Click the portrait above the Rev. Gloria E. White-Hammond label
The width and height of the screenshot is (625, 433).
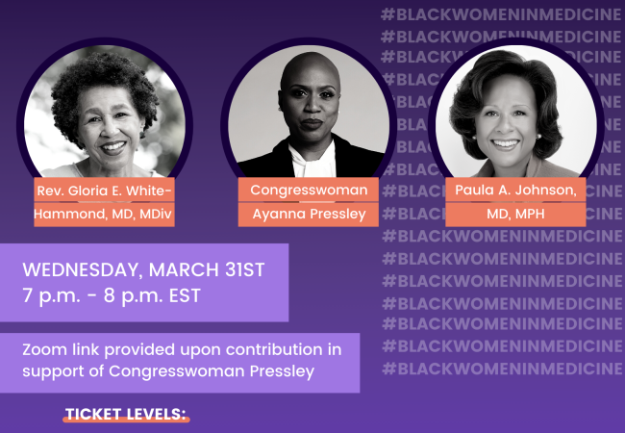point(104,114)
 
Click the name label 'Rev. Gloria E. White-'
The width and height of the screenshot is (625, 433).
point(105,190)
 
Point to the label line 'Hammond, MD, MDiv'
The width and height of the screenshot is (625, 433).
point(105,214)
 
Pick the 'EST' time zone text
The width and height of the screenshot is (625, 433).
point(184,295)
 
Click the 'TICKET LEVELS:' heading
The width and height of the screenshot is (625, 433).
point(126,415)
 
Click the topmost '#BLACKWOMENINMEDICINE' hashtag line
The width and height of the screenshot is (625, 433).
point(500,14)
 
